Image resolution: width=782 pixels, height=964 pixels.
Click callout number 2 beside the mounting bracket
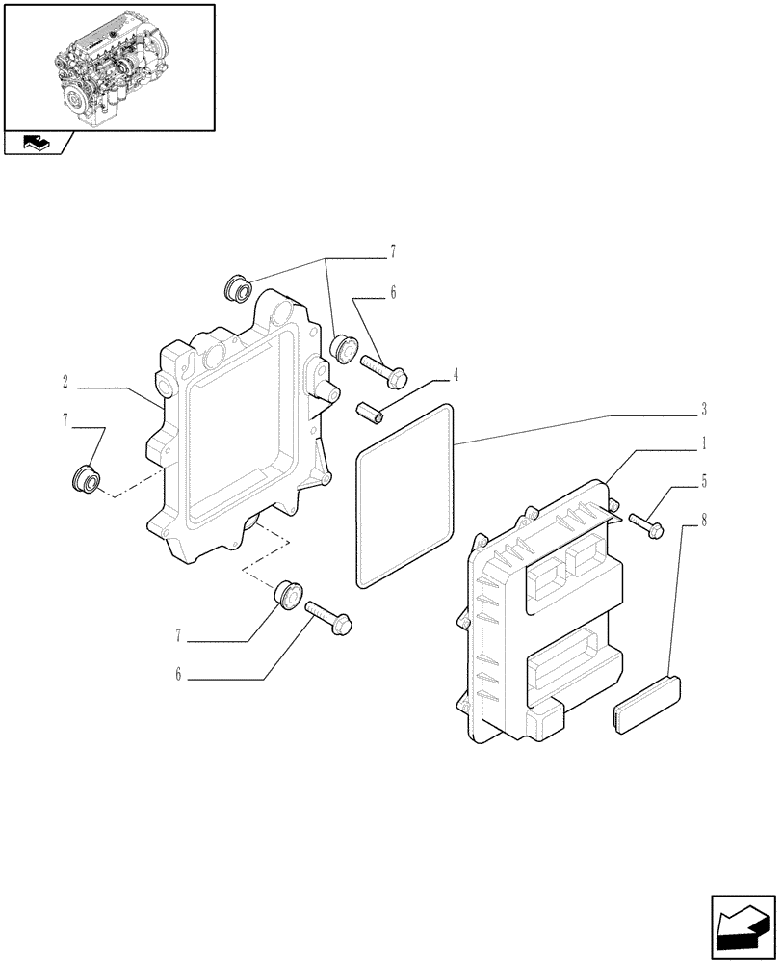65,383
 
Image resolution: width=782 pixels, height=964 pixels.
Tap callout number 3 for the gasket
704,411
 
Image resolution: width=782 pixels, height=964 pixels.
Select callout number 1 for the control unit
704,444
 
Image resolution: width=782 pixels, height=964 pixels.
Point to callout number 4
456,377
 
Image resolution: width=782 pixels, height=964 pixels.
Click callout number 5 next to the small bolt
704,479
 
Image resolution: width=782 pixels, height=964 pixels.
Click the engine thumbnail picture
109,66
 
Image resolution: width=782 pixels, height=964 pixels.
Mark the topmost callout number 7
393,254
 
